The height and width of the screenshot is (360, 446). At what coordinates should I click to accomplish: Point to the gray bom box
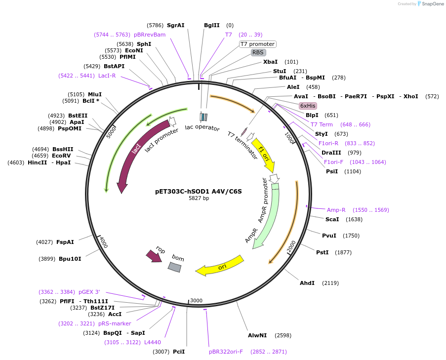click(175, 267)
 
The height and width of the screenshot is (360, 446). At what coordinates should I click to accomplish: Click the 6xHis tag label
click(308, 106)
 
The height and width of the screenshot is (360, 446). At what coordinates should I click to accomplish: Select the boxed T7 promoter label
click(257, 44)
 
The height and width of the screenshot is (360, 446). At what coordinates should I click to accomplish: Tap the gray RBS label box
click(258, 52)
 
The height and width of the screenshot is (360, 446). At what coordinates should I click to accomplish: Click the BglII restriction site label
click(212, 25)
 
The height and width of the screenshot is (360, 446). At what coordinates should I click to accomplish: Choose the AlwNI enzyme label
click(257, 335)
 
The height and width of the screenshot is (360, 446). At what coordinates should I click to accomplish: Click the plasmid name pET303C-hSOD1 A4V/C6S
click(199, 191)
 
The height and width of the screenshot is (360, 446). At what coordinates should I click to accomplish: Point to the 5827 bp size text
click(199, 198)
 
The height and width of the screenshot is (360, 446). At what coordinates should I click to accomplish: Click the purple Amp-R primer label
click(336, 210)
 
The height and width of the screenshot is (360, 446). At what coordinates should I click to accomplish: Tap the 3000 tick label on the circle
click(197, 301)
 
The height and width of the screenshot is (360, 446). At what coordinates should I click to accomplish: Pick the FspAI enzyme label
click(65, 242)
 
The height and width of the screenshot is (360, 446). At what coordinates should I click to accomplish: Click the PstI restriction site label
click(323, 252)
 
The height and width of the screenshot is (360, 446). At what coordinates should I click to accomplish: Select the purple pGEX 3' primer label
click(89, 292)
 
